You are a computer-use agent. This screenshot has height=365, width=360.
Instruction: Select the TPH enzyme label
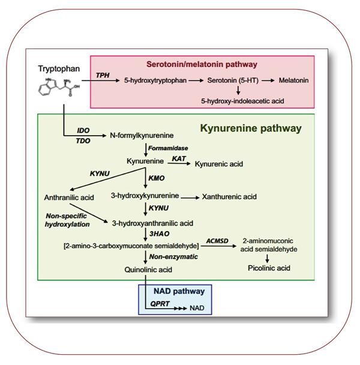pyautogui.click(x=104, y=74)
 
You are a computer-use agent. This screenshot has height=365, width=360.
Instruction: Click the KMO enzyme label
pyautogui.click(x=156, y=179)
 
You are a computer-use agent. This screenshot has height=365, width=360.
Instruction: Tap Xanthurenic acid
pyautogui.click(x=229, y=196)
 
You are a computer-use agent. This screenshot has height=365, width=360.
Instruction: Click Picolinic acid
pyautogui.click(x=268, y=268)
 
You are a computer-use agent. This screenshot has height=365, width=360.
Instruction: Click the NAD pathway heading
pyautogui.click(x=179, y=291)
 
